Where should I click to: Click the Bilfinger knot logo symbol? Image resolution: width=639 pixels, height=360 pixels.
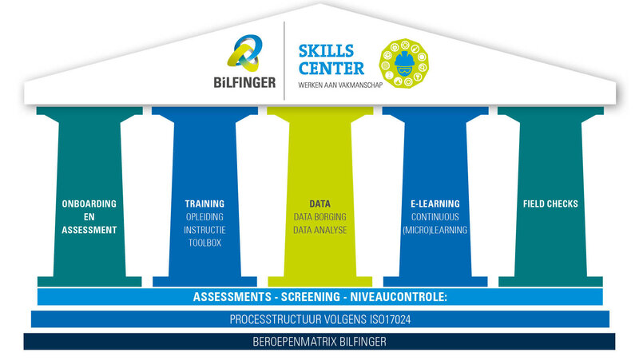point(244,53)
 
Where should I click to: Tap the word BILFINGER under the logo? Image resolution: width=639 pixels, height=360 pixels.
point(244,83)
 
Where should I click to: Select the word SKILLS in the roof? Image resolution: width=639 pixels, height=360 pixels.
point(326,51)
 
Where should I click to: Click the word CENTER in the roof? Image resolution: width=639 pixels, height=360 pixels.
point(331,69)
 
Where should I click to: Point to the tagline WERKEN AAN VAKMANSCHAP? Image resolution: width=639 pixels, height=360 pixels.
point(340,85)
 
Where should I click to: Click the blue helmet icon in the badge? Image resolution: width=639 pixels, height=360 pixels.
point(404,64)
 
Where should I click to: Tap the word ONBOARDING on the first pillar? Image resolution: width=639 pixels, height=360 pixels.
point(89,204)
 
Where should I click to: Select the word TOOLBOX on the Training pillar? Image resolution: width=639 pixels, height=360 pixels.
point(204,243)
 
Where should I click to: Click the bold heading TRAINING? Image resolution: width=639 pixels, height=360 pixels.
point(204,204)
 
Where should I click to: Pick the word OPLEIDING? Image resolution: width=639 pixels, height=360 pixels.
point(204,216)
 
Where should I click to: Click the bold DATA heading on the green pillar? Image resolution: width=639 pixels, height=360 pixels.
point(320,204)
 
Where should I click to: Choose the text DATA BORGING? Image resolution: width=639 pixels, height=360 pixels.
point(320,216)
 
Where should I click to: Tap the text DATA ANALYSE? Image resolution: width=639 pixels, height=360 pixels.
point(320,230)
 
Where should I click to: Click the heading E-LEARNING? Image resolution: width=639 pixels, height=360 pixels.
point(435,204)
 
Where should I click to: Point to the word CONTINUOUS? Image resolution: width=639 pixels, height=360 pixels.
point(435,216)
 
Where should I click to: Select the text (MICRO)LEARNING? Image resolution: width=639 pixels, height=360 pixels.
point(435,230)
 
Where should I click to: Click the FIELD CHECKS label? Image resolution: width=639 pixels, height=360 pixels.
point(550,204)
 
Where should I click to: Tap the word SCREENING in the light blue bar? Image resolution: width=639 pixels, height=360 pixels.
point(311,297)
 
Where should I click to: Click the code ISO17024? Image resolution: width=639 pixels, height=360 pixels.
point(390,319)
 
